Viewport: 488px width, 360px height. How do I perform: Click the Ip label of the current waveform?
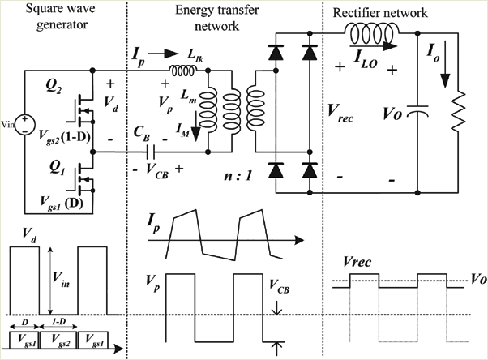(x=153, y=224)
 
